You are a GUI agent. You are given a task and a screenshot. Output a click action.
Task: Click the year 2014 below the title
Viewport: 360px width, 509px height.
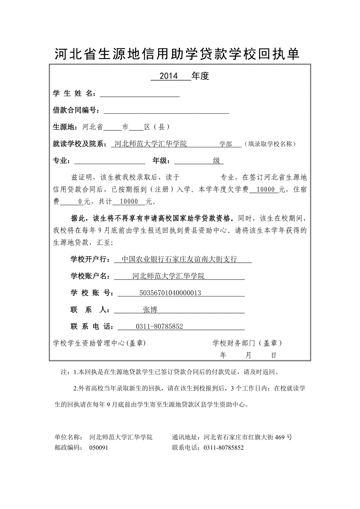pyautogui.click(x=169, y=76)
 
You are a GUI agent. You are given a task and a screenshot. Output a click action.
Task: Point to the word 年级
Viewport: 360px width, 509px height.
pyautogui.click(x=160, y=161)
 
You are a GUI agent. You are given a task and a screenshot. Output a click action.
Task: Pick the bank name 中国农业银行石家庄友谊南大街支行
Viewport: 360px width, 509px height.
pyautogui.click(x=179, y=259)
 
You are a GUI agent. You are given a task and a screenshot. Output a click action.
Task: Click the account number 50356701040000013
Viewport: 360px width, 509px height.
pyautogui.click(x=170, y=293)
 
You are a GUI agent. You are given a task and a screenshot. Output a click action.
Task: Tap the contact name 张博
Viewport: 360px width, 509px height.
pyautogui.click(x=150, y=310)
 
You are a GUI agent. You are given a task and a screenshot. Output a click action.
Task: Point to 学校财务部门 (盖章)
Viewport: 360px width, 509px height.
pyautogui.click(x=247, y=343)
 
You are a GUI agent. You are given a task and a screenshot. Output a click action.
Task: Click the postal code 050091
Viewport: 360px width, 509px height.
pyautogui.click(x=99, y=448)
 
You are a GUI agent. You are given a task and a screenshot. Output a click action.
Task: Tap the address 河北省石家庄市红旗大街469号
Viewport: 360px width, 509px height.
pyautogui.click(x=248, y=437)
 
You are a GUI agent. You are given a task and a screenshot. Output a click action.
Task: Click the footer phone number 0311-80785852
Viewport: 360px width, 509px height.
pyautogui.click(x=223, y=448)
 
